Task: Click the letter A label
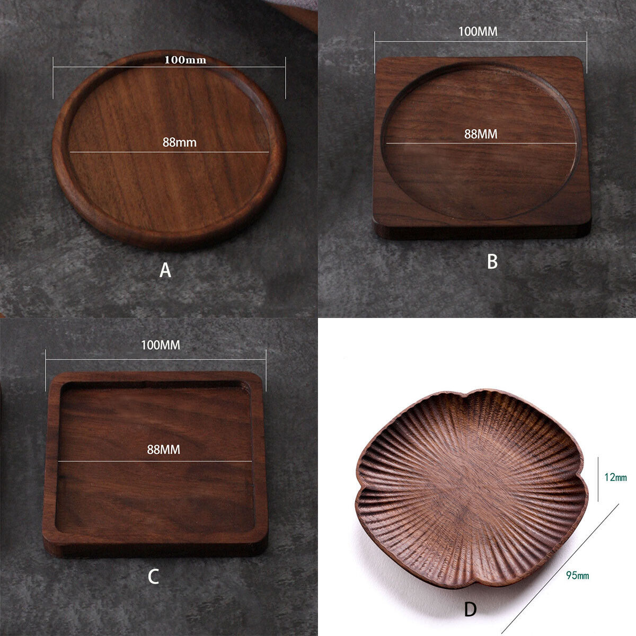165,270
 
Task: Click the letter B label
492,261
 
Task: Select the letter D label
470,609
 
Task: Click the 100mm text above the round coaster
185,60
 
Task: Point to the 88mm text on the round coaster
179,143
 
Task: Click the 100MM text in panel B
478,31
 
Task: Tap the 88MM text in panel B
481,134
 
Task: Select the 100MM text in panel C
161,345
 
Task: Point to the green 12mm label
615,477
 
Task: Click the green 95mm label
578,576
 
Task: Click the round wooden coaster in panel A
169,149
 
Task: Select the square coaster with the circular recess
482,147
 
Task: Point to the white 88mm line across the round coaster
170,152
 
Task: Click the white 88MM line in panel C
155,461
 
